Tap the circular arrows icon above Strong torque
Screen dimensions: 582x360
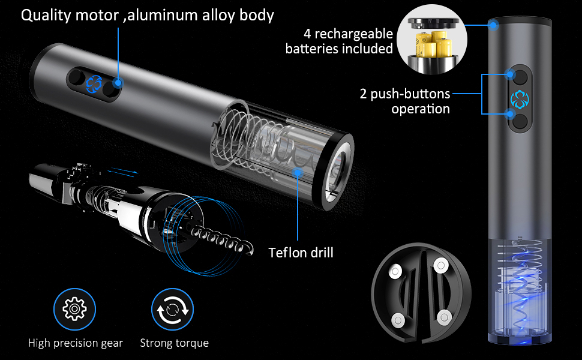(172, 310)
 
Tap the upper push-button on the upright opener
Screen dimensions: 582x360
(520, 76)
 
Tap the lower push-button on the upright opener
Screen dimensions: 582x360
(520, 121)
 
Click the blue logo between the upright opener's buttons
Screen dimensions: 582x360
(518, 98)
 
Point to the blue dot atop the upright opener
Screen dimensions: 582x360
(493, 25)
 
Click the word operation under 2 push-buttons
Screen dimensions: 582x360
(420, 109)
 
